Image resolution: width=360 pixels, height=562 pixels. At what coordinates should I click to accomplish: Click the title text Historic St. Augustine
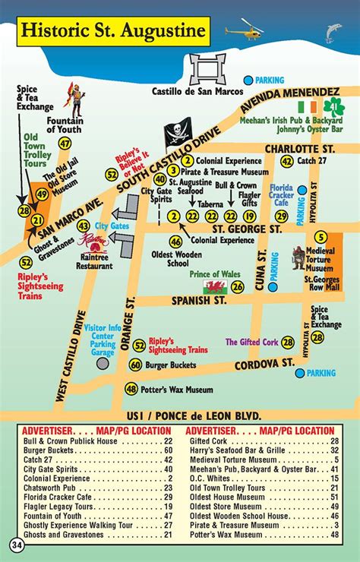(x=112, y=31)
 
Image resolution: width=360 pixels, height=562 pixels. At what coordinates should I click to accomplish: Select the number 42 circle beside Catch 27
(x=286, y=161)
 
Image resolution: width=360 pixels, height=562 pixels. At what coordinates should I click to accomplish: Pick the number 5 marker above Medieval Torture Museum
(x=321, y=238)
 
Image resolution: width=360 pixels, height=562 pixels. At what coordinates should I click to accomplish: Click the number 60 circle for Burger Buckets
(x=135, y=365)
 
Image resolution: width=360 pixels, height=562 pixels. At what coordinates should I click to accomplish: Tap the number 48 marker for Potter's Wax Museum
(x=131, y=389)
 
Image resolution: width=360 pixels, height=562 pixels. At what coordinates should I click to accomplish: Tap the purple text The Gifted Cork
(x=251, y=343)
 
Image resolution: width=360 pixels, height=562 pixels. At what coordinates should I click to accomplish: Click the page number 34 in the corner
(x=17, y=545)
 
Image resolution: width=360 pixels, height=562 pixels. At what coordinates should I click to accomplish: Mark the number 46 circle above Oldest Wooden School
(x=175, y=242)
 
